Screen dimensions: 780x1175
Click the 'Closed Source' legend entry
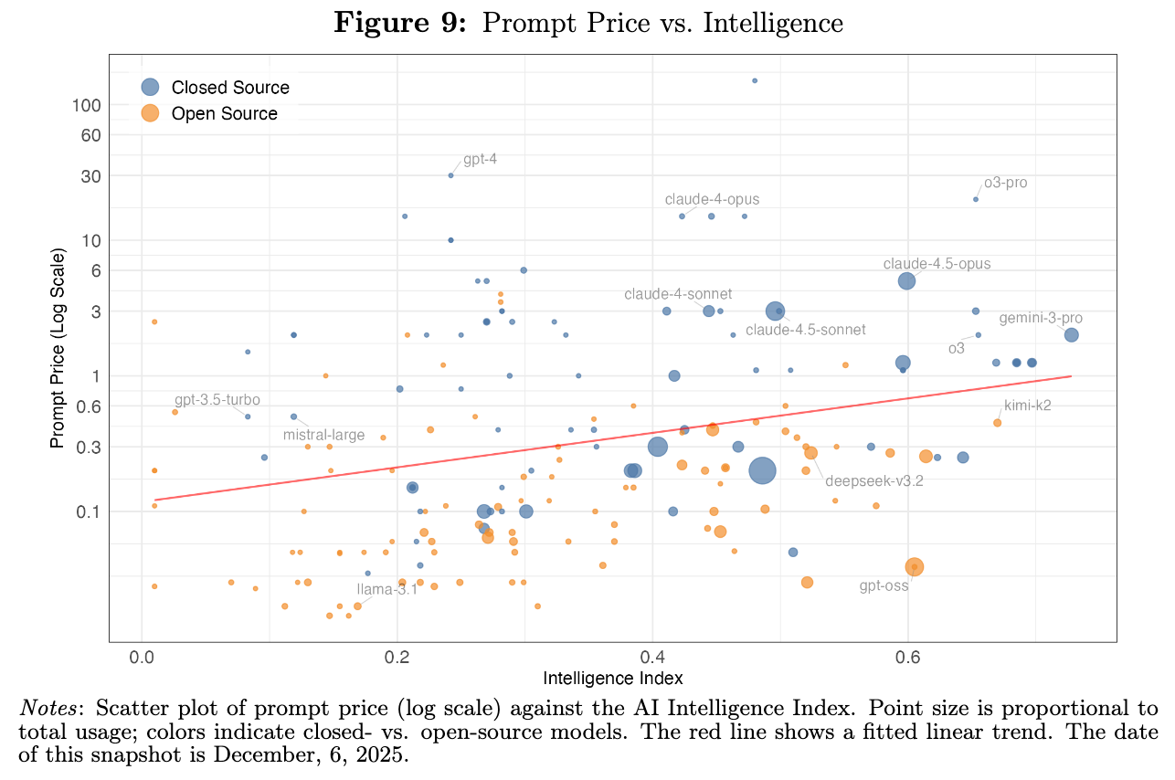[229, 88]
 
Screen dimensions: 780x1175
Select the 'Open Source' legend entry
[224, 113]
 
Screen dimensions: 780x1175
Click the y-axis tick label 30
[90, 176]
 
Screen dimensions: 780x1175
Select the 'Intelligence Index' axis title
[612, 679]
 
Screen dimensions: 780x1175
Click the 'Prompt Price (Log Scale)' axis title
[58, 351]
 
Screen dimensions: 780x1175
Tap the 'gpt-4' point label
[480, 160]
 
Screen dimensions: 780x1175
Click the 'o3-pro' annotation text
[1005, 183]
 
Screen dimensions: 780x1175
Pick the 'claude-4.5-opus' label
[937, 264]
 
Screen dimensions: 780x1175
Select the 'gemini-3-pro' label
[1040, 318]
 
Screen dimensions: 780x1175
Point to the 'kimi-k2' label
[1027, 406]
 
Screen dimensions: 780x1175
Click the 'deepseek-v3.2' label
[873, 481]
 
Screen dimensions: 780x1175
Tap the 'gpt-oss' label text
[884, 585]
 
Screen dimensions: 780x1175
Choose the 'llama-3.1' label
[386, 589]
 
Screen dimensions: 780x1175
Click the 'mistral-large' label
[323, 436]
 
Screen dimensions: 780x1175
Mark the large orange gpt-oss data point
[914, 567]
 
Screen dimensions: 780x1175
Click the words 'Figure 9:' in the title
[401, 22]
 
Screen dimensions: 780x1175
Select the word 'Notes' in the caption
[44, 708]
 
